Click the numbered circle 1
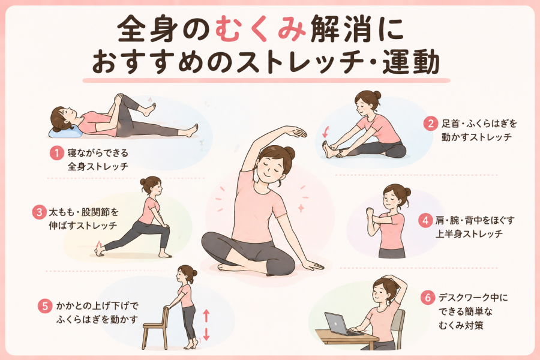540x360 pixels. tap(56, 153)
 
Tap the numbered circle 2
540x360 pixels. tap(430, 124)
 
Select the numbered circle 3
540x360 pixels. tap(39, 212)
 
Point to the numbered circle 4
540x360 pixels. tap(425, 220)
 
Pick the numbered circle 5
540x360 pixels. tap(45, 306)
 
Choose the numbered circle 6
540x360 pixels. tap(428, 298)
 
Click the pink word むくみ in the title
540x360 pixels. tap(261, 29)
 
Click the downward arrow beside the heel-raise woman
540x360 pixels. tap(206, 334)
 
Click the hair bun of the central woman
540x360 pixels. tap(289, 152)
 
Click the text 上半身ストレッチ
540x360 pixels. tap(469, 234)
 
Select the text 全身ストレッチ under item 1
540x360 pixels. tap(98, 167)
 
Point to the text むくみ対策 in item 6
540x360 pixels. tap(461, 325)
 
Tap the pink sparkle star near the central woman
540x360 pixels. tap(301, 208)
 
